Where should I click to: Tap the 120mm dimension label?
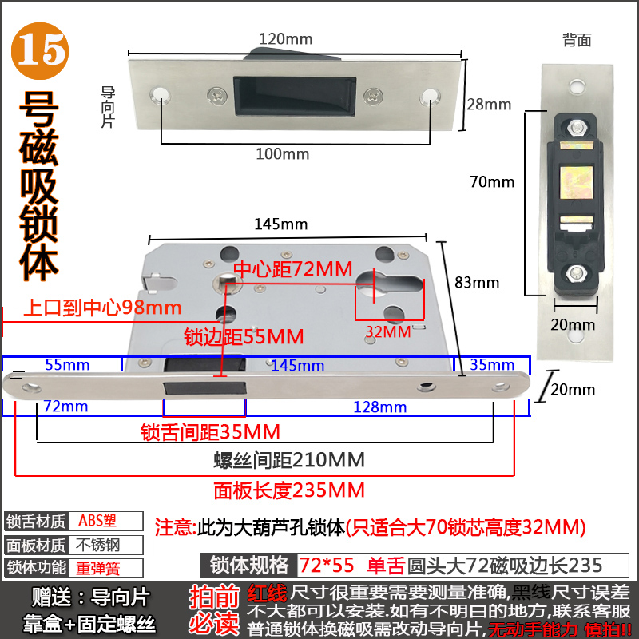tap(285, 38)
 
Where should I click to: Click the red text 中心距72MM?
tap(292, 269)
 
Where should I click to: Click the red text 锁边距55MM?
tap(244, 335)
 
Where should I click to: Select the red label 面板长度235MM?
tap(289, 490)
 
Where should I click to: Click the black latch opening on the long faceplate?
tap(204, 387)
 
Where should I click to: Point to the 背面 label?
tap(576, 38)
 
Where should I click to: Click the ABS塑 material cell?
tap(97, 521)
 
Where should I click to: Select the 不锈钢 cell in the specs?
tap(97, 546)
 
